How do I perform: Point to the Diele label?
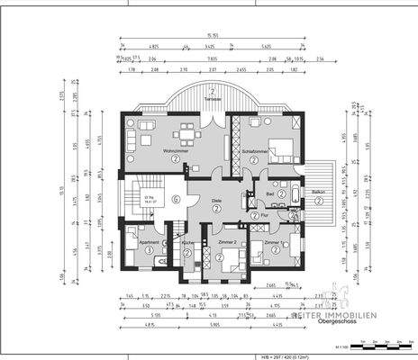[x=217, y=201]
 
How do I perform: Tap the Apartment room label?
[x=149, y=242]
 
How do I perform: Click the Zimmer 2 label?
[x=227, y=242]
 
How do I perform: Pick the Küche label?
[x=187, y=243]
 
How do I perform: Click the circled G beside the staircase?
[x=177, y=199]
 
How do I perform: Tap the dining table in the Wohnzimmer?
[x=187, y=136]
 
